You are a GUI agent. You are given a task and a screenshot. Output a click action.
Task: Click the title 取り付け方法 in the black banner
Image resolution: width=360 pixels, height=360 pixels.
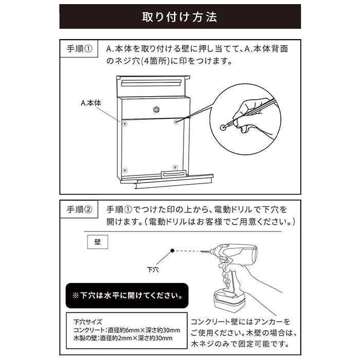(179, 17)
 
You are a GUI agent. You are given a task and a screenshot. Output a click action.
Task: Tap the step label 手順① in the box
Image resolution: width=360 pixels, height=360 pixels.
(79, 49)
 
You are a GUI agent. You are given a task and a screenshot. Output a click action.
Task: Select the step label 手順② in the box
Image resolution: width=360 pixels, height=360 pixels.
(79, 209)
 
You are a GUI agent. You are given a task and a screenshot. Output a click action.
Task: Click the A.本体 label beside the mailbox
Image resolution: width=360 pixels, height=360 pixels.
(91, 103)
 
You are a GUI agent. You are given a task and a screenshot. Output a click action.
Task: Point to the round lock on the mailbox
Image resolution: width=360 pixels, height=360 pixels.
(156, 110)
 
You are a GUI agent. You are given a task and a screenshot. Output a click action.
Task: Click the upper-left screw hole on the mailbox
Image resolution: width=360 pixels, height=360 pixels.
(124, 124)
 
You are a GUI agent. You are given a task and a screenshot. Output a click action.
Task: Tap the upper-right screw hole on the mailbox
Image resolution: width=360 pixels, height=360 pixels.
(176, 122)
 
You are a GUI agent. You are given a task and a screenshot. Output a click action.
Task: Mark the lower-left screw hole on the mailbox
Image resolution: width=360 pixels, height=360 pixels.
(124, 170)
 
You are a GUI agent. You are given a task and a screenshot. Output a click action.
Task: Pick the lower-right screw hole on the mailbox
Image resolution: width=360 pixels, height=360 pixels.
(175, 167)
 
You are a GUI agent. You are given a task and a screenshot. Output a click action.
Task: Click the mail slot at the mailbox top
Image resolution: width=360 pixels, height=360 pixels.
(152, 83)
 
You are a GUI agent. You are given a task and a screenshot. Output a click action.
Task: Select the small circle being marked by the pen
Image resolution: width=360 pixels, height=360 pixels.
(223, 128)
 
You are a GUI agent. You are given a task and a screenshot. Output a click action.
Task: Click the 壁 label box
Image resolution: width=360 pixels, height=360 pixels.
(98, 242)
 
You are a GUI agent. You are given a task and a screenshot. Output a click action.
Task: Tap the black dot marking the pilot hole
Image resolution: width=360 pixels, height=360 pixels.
(172, 251)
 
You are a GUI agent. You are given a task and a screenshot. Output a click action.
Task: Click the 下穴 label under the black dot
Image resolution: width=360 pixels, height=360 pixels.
(153, 269)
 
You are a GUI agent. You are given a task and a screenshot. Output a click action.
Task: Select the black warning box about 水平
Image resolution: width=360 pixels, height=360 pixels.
(127, 296)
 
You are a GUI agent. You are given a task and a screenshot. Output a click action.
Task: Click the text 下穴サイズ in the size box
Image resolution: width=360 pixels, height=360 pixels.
(88, 322)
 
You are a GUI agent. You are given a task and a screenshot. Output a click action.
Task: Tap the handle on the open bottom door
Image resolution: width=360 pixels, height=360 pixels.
(173, 174)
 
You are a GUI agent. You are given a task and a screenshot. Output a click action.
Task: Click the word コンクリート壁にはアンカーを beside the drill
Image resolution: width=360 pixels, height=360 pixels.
(241, 322)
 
